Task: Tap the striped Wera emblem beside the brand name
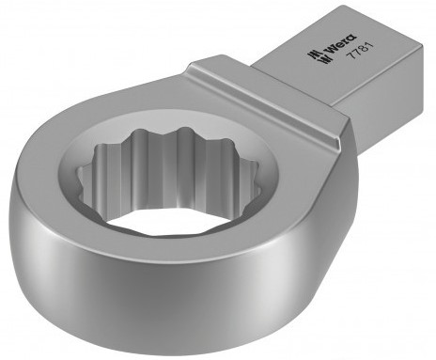pos(315,56)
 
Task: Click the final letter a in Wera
pos(352,37)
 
